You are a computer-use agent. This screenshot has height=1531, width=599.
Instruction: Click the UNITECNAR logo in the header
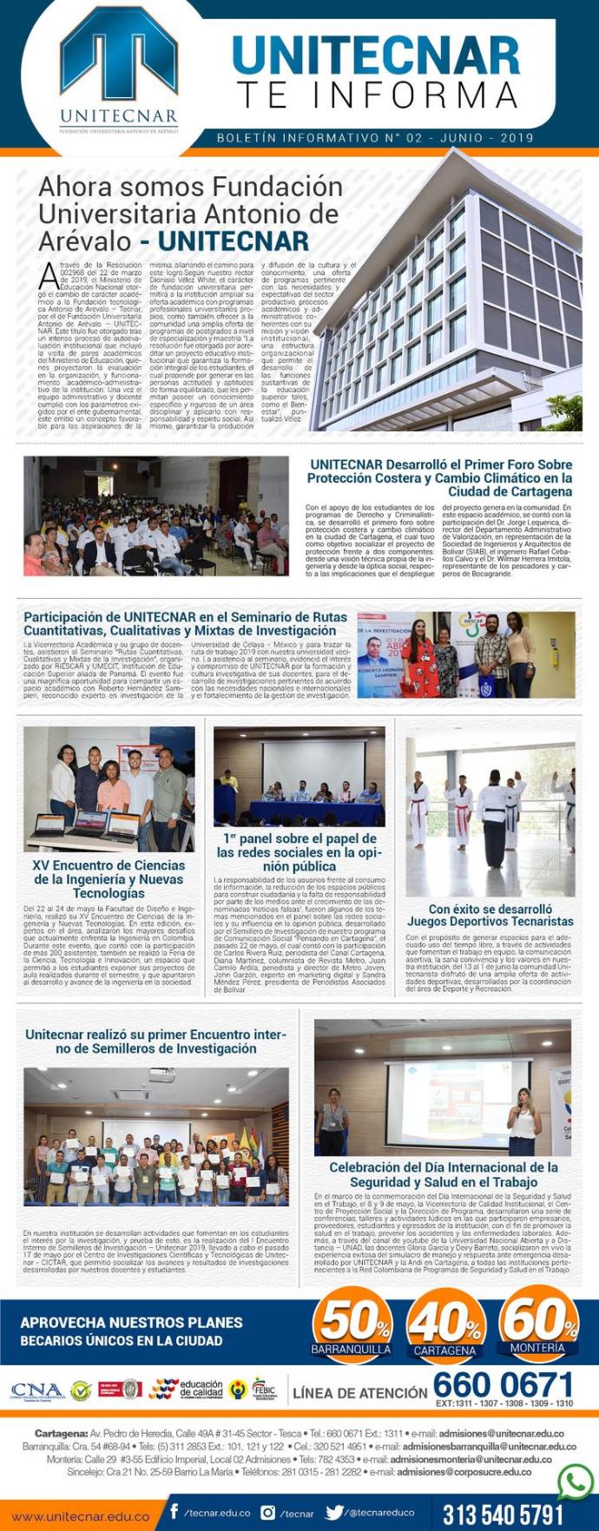click(x=119, y=76)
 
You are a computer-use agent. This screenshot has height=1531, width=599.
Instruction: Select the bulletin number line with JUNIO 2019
click(x=375, y=138)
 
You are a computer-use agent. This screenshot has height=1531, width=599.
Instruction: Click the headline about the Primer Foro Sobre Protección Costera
click(x=440, y=477)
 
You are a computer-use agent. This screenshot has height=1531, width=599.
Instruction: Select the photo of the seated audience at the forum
click(x=156, y=516)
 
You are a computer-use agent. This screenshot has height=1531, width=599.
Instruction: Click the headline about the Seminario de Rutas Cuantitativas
click(x=186, y=623)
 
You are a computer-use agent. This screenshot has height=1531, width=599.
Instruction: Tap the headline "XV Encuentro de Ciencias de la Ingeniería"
click(x=109, y=878)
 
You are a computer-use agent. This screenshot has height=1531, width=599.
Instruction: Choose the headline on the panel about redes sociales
click(x=299, y=852)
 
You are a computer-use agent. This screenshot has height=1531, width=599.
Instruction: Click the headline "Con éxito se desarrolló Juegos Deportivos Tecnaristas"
click(x=490, y=915)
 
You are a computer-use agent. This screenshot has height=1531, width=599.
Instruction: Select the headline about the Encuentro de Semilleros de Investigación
click(x=155, y=1041)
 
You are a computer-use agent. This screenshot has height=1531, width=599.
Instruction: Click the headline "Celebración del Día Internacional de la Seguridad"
click(x=443, y=1174)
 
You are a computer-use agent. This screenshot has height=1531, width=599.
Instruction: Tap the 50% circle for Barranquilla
click(x=352, y=1324)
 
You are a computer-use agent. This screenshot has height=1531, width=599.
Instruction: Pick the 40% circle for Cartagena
click(x=444, y=1324)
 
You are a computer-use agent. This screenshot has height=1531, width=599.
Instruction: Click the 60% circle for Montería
click(x=538, y=1323)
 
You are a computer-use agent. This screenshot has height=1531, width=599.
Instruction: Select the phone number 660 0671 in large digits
click(x=504, y=1383)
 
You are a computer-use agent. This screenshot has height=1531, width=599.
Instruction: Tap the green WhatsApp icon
click(x=575, y=1482)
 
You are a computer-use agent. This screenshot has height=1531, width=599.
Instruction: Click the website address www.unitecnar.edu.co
click(x=80, y=1515)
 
